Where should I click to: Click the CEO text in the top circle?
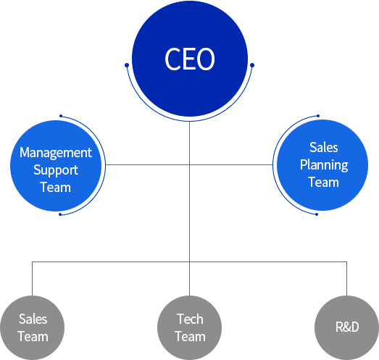tap(190, 59)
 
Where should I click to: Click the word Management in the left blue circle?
tap(56, 153)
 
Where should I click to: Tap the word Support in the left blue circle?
tap(56, 170)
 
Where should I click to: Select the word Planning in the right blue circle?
tap(324, 165)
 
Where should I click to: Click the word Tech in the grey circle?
tap(190, 319)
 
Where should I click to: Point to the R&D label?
tap(347, 327)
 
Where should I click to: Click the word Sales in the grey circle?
tap(33, 319)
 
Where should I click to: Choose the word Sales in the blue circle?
tap(324, 147)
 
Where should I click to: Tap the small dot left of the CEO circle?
tap(127, 65)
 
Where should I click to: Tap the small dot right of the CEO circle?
tap(252, 65)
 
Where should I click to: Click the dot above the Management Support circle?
tap(61, 116)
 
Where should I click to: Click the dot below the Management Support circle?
tap(60, 214)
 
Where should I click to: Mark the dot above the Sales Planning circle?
tap(318, 116)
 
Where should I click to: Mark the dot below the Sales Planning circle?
tap(317, 214)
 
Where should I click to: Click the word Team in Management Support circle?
tap(56, 188)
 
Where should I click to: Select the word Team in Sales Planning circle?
tap(324, 183)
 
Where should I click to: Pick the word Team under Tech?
tap(190, 337)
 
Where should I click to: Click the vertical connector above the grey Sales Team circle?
tap(32, 279)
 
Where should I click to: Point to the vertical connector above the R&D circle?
tap(347, 279)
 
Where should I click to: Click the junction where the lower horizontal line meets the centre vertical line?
tap(190, 261)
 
